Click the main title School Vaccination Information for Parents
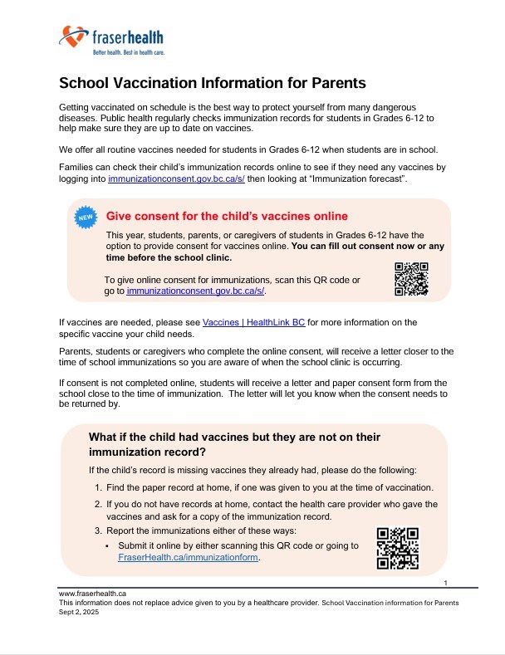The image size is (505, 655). coord(213,84)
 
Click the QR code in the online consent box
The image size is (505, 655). coord(411,279)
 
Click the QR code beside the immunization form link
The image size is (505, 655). coord(398,547)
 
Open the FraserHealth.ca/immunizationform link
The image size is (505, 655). coord(189,558)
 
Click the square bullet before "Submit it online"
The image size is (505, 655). coord(109,545)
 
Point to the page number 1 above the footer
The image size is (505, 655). coord(446,583)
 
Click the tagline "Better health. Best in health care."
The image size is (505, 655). coord(128,51)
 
